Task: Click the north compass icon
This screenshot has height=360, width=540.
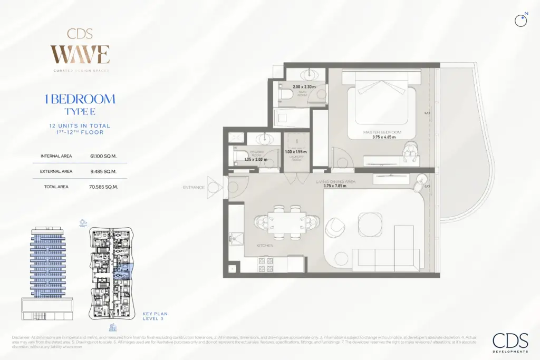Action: click(522, 20)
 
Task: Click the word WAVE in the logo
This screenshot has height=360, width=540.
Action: click(80, 55)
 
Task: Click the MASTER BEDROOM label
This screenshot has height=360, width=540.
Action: click(382, 132)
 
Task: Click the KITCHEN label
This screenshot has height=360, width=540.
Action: click(265, 245)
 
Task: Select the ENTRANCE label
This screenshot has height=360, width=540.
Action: click(194, 187)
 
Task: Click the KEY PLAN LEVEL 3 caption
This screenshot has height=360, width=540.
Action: click(156, 316)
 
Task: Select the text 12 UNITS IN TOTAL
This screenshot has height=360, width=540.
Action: click(80, 126)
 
